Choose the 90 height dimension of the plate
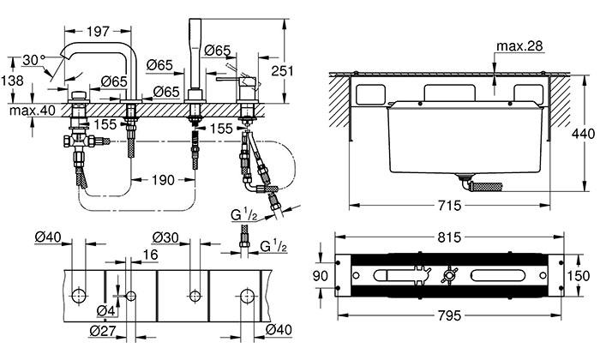[320, 275]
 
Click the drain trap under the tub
[476, 183]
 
